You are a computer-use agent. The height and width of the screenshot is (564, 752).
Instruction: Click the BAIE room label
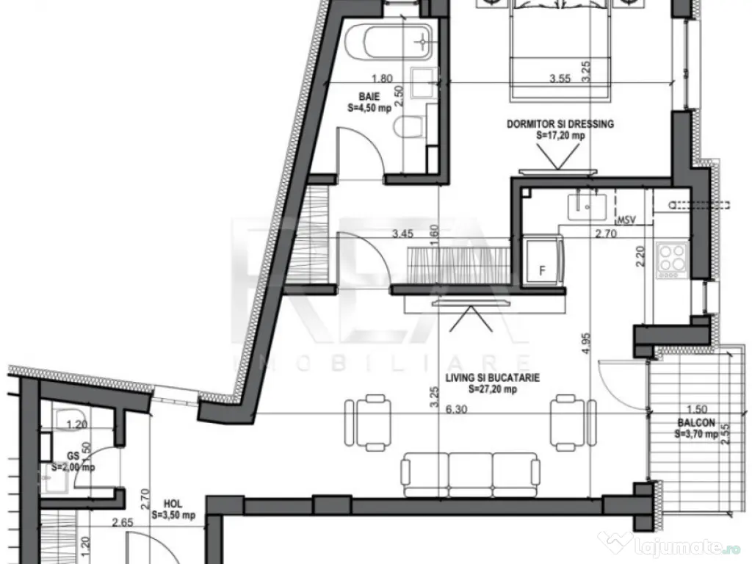368,96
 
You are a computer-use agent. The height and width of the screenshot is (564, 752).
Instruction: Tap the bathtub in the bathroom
390,43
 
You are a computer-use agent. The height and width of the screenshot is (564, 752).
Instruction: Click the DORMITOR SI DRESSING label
560,124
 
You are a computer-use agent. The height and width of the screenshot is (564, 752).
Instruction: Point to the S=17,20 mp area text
560,135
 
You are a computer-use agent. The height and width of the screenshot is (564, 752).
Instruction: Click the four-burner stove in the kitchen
672,258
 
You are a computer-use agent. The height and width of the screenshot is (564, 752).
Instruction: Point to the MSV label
626,220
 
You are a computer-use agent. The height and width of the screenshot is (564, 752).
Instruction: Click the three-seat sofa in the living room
470,469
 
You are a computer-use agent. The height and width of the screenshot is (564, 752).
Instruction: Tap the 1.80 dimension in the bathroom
380,78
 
